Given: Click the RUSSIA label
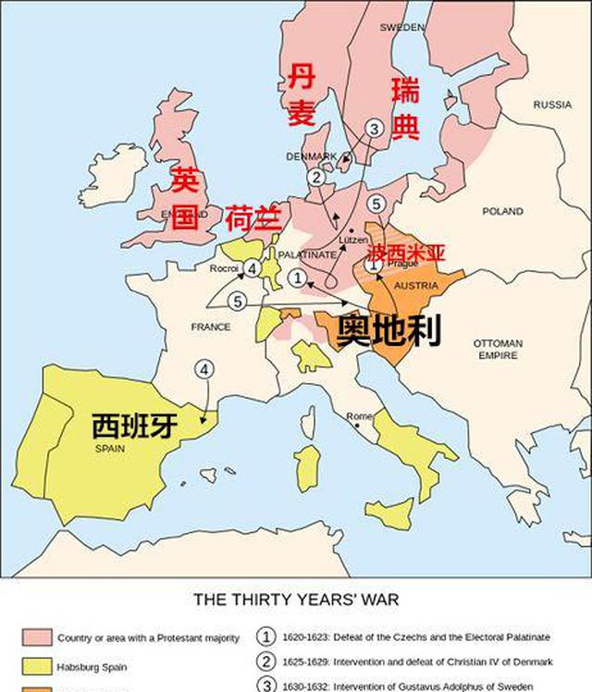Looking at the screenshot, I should pyautogui.click(x=552, y=105).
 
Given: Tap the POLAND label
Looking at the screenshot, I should pyautogui.click(x=502, y=212).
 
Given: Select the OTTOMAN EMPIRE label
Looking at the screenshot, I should pyautogui.click(x=499, y=349).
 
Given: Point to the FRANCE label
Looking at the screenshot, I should pyautogui.click(x=211, y=327).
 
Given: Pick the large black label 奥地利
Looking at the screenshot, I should pyautogui.click(x=388, y=330).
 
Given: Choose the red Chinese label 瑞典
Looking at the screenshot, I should pyautogui.click(x=405, y=108).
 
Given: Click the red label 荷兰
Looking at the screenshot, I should pyautogui.click(x=252, y=217).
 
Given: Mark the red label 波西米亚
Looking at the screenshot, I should pyautogui.click(x=407, y=253).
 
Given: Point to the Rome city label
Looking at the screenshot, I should pyautogui.click(x=359, y=417).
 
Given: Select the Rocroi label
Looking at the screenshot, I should pyautogui.click(x=224, y=268).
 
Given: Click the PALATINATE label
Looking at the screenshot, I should pyautogui.click(x=307, y=254).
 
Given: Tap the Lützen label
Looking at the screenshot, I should pyautogui.click(x=353, y=241).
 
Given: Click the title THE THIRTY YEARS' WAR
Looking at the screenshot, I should pyautogui.click(x=296, y=599).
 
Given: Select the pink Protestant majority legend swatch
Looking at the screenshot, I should pyautogui.click(x=37, y=637).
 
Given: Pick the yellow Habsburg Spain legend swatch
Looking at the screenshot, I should pyautogui.click(x=37, y=666).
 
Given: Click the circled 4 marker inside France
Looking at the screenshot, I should pyautogui.click(x=203, y=369).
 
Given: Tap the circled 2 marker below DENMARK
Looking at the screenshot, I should pyautogui.click(x=316, y=177).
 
